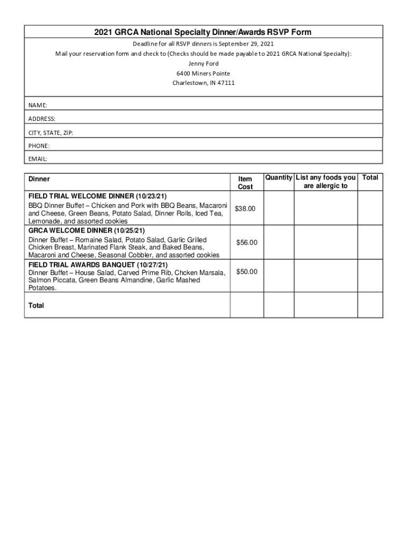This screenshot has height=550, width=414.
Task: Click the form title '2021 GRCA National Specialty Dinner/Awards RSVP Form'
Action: [x=203, y=32]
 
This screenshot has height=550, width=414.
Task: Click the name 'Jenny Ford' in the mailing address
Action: [x=203, y=63]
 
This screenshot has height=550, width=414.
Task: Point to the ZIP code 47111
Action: [x=226, y=83]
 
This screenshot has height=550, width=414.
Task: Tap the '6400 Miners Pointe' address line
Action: [x=203, y=73]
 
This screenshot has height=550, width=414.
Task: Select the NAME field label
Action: [x=38, y=104]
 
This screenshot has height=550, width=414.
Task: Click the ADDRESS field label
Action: [x=41, y=118]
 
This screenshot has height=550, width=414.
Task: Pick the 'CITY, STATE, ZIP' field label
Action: [x=51, y=132]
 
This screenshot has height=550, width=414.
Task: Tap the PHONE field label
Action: [x=39, y=146]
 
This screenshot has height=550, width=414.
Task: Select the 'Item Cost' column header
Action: [x=245, y=183]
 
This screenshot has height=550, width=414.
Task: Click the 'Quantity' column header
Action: [x=279, y=178]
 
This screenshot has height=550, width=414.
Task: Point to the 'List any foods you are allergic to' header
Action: [x=326, y=182]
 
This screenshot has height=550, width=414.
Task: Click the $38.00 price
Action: [x=245, y=208]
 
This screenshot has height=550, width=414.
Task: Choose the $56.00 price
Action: [x=247, y=243]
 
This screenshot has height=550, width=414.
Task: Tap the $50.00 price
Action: [x=247, y=272]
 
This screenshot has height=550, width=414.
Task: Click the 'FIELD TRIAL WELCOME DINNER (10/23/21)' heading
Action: [x=101, y=196]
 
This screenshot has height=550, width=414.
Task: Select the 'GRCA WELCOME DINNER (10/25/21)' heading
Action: [x=87, y=230]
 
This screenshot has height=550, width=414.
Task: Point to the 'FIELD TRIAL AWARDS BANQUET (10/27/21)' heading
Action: [x=98, y=265]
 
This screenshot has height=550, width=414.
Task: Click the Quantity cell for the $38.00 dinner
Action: [x=279, y=208]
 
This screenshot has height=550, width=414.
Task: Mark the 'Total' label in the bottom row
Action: [x=37, y=306]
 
